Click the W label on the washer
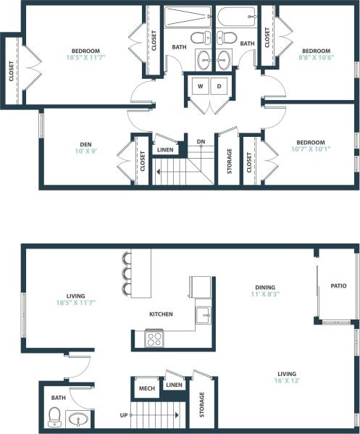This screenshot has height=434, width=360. coord(199,86)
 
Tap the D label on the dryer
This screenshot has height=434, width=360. coord(217,86)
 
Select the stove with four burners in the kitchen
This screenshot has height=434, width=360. coord(154,338)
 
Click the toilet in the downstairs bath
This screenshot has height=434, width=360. coord(54,417)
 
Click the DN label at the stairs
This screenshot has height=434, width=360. coord(201,141)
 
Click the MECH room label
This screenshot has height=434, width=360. coord(147,388)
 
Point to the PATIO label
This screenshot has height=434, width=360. coord(338,285)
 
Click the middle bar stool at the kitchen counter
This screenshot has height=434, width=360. coord(127,274)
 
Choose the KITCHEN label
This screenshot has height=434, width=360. coord(161,314)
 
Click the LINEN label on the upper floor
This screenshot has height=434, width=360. coord(166,150)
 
